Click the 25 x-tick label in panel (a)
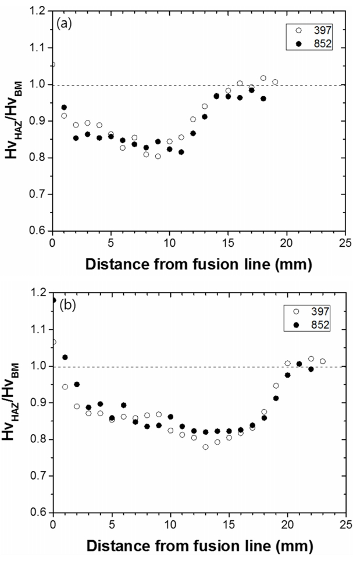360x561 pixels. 346,242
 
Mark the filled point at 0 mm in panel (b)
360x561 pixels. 54,300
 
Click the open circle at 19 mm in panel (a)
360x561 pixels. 275,82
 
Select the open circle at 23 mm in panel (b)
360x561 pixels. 322,361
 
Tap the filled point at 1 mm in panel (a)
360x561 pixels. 64,107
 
